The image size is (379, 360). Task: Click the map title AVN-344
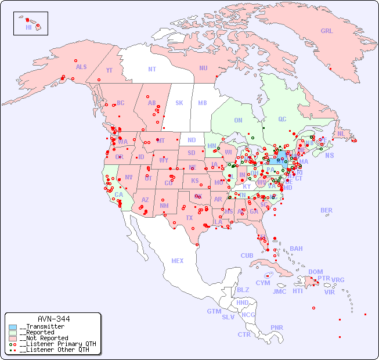click(53, 319)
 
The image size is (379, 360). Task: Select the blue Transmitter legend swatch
click(13, 327)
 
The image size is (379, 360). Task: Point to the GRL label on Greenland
click(327, 31)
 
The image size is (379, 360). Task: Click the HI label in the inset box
click(28, 27)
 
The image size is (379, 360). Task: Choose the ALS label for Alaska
click(81, 67)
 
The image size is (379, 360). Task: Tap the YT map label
click(109, 70)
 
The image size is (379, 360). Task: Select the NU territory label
click(203, 69)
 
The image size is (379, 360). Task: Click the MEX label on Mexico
click(178, 261)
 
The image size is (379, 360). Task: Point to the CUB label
click(247, 256)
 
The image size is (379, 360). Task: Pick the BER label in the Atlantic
click(327, 211)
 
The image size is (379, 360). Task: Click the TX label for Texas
click(189, 218)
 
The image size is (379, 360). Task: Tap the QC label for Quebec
click(282, 120)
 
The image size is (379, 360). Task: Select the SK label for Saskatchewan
click(179, 103)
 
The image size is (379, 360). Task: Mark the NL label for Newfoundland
click(341, 134)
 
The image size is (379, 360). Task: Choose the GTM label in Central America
click(214, 311)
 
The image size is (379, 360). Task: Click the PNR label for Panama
click(277, 327)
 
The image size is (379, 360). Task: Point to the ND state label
click(192, 141)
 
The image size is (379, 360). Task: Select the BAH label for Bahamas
click(296, 249)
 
